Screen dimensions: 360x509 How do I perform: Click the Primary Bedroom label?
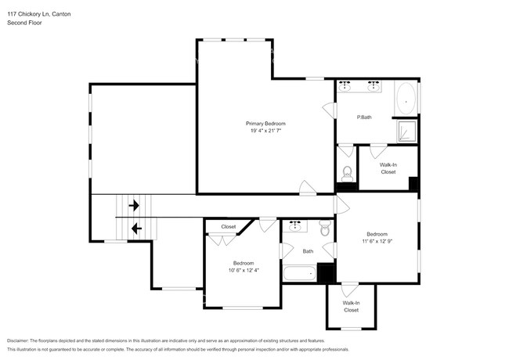tap(265, 124)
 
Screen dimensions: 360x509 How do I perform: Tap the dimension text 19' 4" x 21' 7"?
tap(265, 131)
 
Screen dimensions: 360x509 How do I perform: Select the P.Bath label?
tap(364, 117)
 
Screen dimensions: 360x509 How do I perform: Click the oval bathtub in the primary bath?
tap(406, 99)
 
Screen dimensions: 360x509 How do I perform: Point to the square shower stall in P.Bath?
tap(406, 131)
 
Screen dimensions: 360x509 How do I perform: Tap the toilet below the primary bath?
tap(348, 173)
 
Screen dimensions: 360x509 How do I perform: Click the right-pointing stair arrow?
tap(134, 206)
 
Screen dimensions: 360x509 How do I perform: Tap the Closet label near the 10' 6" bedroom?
tap(228, 227)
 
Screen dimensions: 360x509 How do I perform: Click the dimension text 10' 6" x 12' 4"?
tap(244, 270)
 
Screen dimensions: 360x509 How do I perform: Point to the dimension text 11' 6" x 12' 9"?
tap(377, 241)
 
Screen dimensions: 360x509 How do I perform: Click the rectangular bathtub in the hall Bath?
tap(298, 273)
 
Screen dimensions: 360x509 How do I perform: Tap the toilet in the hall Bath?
tap(325, 229)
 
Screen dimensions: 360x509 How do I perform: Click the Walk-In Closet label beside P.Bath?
tap(388, 168)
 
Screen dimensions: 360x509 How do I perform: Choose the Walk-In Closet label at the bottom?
tap(351, 306)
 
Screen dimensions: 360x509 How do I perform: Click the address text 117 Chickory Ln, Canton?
tap(40, 13)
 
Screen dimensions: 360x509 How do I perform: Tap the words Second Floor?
tap(24, 23)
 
